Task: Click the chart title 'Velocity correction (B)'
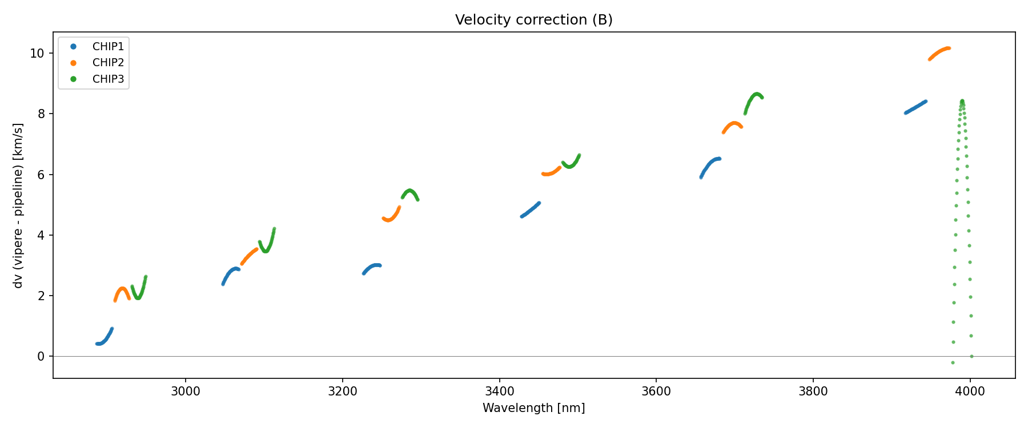tap(533, 20)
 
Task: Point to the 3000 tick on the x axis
tap(186, 391)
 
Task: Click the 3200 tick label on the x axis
tap(342, 391)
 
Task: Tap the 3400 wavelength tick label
tap(499, 391)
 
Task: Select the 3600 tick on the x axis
tap(656, 391)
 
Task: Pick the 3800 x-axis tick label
tap(813, 391)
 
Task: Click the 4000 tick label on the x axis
tap(970, 391)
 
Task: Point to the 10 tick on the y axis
tap(37, 54)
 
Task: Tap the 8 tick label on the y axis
tap(41, 114)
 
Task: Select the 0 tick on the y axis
tap(41, 357)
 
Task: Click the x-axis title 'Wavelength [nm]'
tap(533, 408)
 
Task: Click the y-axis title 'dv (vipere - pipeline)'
tap(18, 205)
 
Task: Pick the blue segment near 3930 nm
tap(915, 107)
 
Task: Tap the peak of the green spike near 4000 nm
tap(962, 101)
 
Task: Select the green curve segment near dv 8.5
tap(755, 97)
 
